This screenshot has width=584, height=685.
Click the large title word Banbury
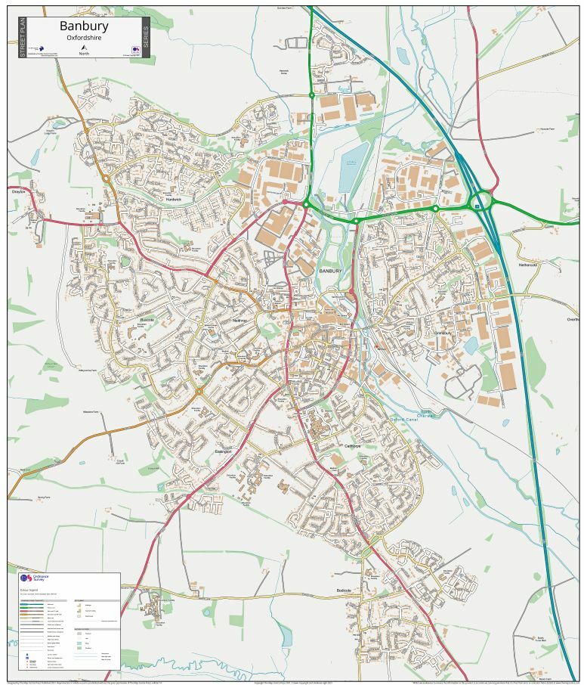tap(84, 26)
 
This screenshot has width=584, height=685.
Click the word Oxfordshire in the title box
tap(84, 38)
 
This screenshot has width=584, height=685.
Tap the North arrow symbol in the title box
tap(83, 49)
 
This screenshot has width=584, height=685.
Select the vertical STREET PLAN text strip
tap(21, 38)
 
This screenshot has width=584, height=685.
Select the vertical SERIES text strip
tap(146, 38)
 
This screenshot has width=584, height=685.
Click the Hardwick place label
tap(174, 200)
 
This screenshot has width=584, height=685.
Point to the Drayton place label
tap(18, 192)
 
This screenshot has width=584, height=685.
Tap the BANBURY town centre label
tap(330, 270)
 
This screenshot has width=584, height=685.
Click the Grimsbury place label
tap(443, 333)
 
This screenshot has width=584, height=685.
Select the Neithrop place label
tap(239, 321)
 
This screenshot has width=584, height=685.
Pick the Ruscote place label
tap(147, 320)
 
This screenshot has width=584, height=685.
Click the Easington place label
tap(224, 451)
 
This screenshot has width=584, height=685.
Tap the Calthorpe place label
tap(353, 446)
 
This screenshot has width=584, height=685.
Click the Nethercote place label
tap(527, 265)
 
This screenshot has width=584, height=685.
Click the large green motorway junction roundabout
tap(480, 203)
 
